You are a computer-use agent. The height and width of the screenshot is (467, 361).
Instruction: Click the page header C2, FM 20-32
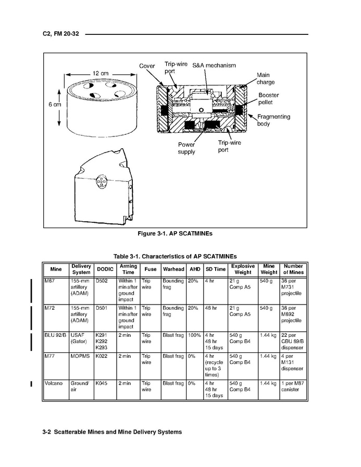point(61,34)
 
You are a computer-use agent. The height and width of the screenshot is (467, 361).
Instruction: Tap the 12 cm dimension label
point(101,73)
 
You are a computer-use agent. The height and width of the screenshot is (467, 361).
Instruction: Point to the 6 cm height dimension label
point(55,104)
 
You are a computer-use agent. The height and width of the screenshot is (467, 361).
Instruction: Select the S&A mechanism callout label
point(214,66)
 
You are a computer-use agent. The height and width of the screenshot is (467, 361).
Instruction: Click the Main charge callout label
point(266,79)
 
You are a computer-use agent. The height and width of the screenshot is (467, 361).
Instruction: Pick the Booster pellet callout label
point(269,98)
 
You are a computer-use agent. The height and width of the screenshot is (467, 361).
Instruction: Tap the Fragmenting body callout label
point(273,120)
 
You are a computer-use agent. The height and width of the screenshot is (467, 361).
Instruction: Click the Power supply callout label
point(186,148)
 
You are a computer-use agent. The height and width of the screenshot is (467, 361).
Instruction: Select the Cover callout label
point(147,66)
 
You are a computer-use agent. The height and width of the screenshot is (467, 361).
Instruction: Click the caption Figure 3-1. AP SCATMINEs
point(175,233)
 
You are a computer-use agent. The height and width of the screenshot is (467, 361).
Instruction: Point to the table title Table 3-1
point(175,256)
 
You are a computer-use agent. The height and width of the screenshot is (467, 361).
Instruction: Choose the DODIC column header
point(105,269)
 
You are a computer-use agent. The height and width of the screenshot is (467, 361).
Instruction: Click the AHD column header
point(193,269)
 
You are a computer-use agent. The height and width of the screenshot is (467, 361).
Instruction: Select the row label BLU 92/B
point(55,335)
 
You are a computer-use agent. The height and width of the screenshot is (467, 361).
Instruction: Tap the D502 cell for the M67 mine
point(101,281)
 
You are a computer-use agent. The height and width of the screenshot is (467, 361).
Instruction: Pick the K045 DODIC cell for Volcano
point(101,383)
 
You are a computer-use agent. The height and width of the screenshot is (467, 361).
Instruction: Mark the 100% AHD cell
point(194,335)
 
